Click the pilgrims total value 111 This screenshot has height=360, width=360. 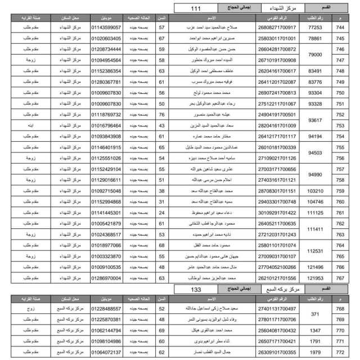click(x=196, y=9)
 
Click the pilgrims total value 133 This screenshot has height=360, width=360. click(x=196, y=289)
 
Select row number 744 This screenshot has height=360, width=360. click(x=339, y=28)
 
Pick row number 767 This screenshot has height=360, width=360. click(x=339, y=278)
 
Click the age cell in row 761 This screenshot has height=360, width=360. click(x=162, y=213)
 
